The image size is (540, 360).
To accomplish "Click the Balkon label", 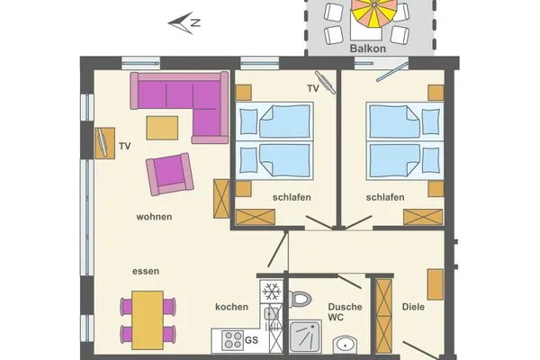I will (369, 49).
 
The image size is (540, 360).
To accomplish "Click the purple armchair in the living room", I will (171, 174).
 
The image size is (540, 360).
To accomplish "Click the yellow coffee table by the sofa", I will (162, 128).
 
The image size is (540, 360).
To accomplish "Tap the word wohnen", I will (154, 217).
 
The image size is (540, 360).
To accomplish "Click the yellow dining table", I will (148, 319).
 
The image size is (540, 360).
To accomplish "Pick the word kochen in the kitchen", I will (231, 307).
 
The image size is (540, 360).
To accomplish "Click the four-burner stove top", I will (233, 340).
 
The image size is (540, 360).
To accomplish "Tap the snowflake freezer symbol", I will (270, 292).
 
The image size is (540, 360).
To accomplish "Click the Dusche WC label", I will (345, 312).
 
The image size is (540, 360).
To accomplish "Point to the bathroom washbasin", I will (346, 345).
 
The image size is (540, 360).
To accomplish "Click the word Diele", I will (414, 307).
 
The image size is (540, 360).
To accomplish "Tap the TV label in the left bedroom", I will (312, 88).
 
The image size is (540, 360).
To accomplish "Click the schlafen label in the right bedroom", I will (384, 197).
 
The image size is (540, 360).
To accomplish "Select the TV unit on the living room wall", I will (101, 142).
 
